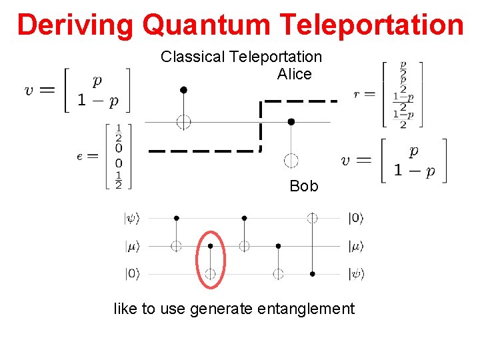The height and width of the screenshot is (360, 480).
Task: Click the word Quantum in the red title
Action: (x=207, y=25)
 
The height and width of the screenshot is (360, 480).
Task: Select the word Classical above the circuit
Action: (x=192, y=57)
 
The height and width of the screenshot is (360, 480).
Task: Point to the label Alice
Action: (x=295, y=74)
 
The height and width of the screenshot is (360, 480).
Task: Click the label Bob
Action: (x=304, y=186)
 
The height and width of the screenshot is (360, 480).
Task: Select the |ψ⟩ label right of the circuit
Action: (x=357, y=273)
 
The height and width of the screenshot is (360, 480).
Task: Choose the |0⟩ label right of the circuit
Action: (x=357, y=218)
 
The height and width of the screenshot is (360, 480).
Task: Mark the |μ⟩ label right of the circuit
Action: (x=357, y=246)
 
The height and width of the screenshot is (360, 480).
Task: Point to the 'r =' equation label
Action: (x=365, y=95)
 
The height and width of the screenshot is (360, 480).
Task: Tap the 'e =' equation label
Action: (x=87, y=156)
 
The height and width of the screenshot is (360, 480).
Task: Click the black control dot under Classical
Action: (x=183, y=89)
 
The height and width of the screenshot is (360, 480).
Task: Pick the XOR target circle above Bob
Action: (x=291, y=161)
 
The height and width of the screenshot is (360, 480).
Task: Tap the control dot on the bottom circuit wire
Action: (x=311, y=273)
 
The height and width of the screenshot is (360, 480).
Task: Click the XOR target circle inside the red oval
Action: (x=210, y=273)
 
